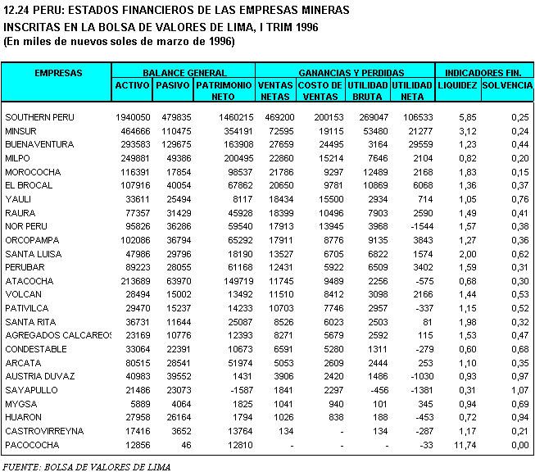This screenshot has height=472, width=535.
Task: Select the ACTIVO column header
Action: [x=132, y=85]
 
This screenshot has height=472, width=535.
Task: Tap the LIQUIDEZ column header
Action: [x=457, y=85]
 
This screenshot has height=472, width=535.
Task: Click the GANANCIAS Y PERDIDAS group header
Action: [x=344, y=73]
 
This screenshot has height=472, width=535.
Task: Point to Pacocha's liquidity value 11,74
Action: [x=465, y=444]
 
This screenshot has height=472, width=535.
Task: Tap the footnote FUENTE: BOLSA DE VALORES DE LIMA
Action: [x=87, y=465]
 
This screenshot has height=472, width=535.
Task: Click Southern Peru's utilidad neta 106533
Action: [x=418, y=117]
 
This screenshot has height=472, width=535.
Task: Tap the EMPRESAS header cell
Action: [x=58, y=73]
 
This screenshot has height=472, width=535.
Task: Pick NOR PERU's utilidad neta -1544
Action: [x=421, y=226]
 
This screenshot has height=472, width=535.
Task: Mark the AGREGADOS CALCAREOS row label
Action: [x=57, y=335]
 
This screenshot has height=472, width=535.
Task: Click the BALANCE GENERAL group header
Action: [x=184, y=73]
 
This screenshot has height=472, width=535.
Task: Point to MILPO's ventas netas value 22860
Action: [x=279, y=158]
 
